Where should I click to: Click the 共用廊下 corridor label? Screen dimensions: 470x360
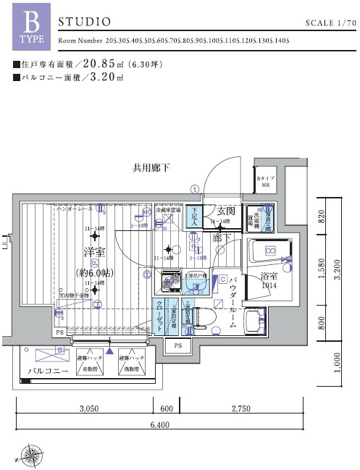pyautogui.click(x=151, y=168)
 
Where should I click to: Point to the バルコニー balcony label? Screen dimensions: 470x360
pyautogui.click(x=48, y=371)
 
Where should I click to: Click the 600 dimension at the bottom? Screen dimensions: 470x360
pyautogui.click(x=167, y=409)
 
